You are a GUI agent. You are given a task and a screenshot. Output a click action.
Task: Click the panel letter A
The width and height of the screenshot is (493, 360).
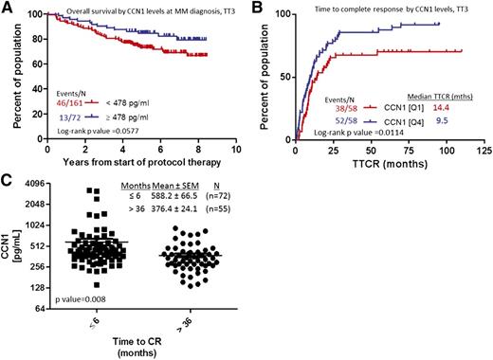[x=8, y=8]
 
